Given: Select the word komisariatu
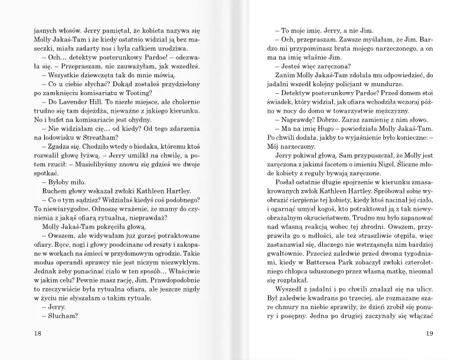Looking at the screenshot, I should [x=98, y=96].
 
